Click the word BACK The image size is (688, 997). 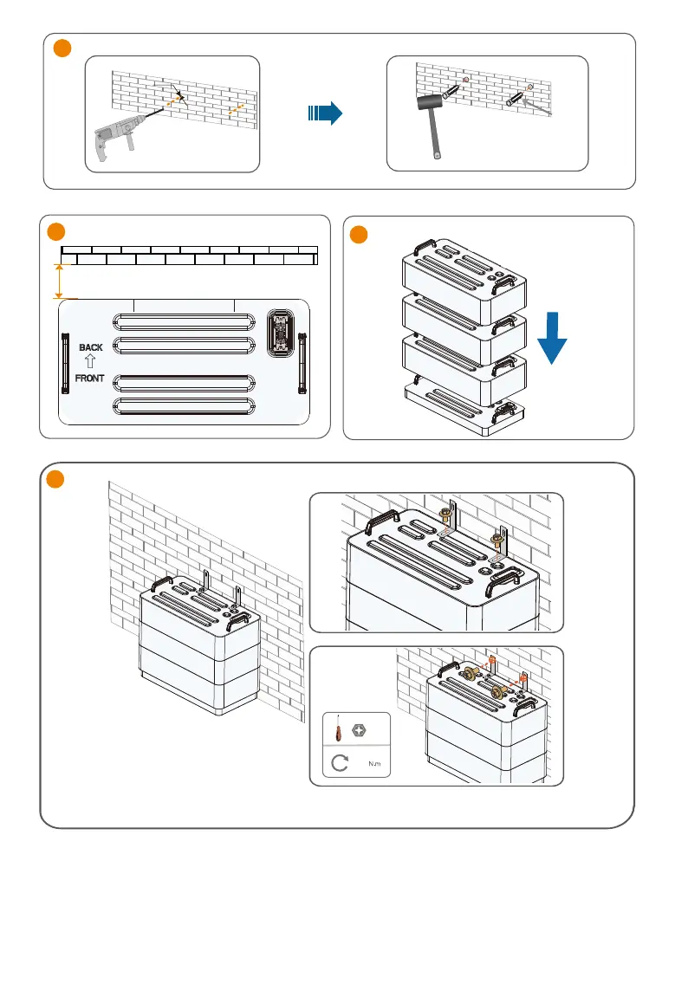[x=91, y=347]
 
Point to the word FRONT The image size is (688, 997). [x=91, y=378]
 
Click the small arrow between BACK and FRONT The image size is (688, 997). [x=91, y=362]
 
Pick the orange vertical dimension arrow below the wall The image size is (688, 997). [x=59, y=282]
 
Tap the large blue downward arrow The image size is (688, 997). [x=551, y=341]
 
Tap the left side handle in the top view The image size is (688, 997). [x=64, y=362]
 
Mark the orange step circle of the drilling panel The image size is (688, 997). [x=62, y=49]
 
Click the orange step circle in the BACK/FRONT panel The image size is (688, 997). [x=55, y=232]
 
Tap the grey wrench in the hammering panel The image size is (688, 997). [x=537, y=111]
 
